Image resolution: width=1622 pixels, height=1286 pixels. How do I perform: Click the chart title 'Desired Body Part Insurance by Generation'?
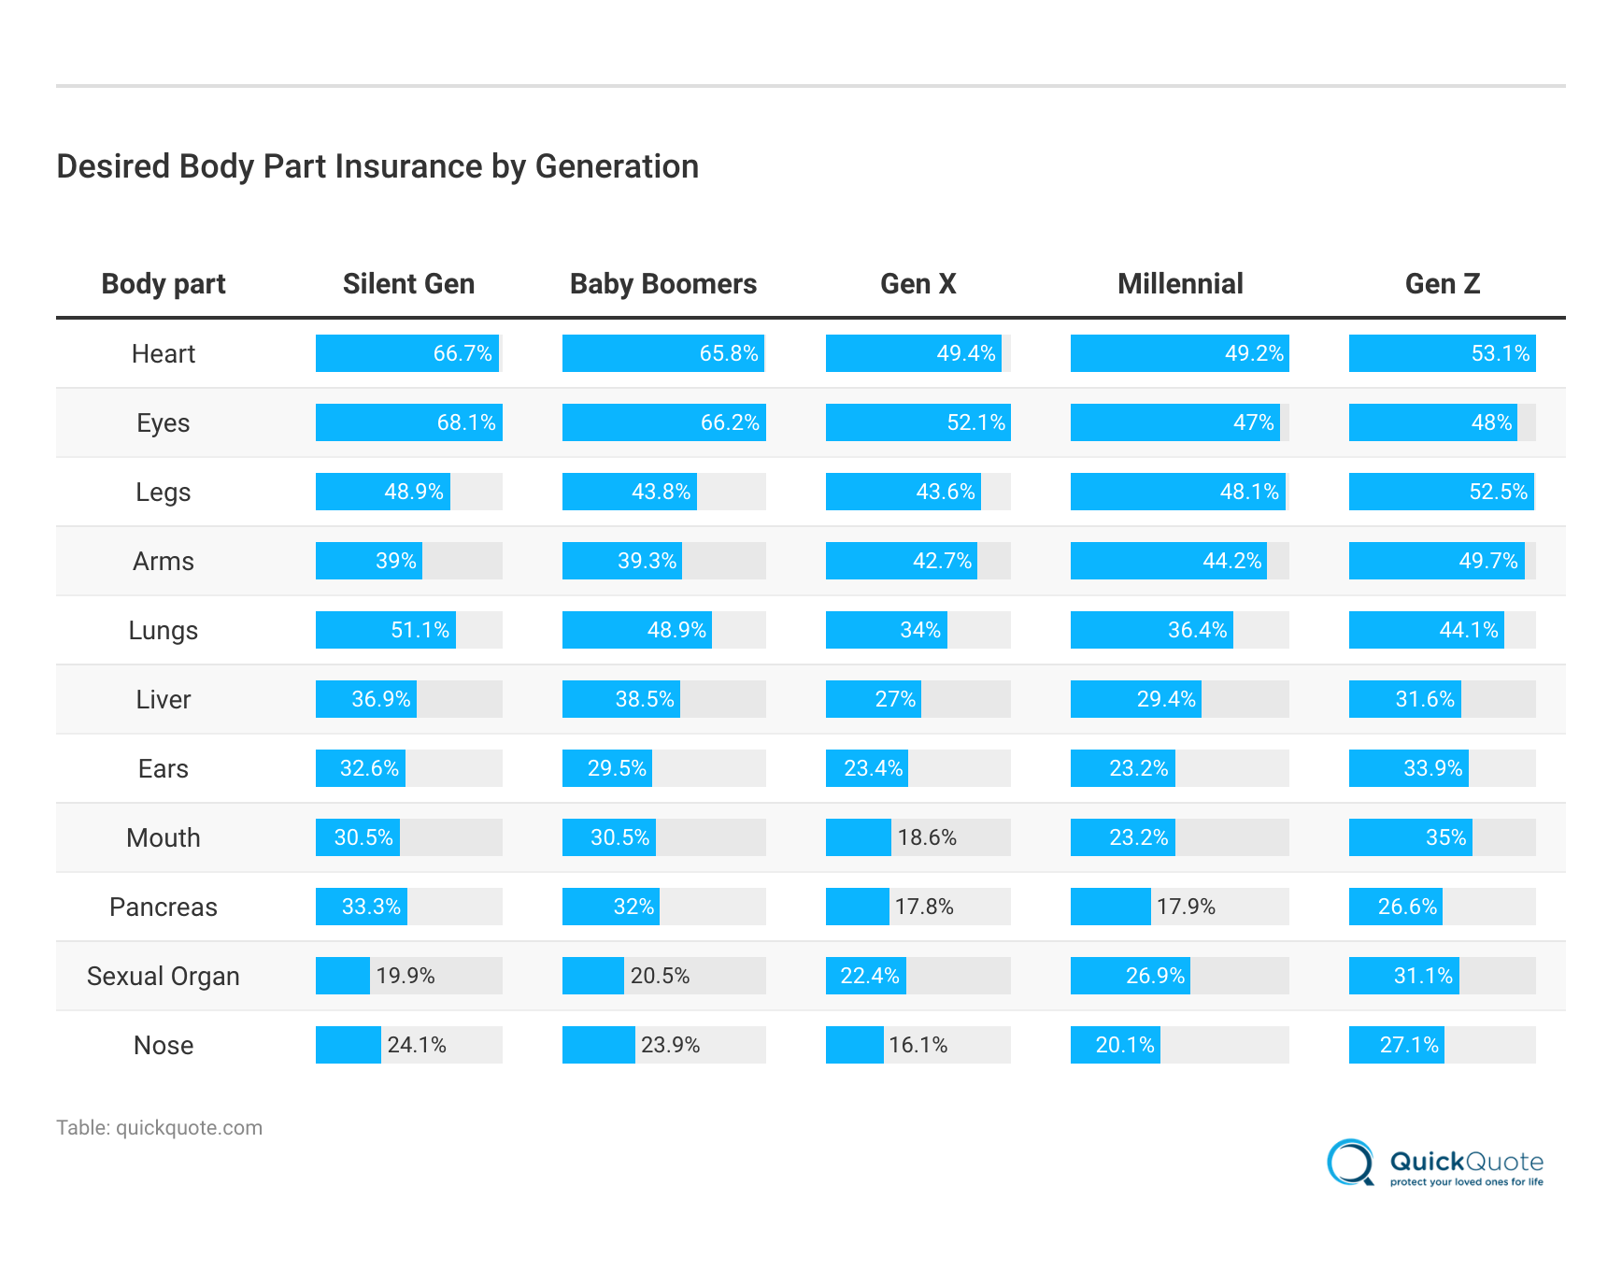tap(377, 166)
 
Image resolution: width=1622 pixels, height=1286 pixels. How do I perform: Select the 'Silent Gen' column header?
tap(408, 284)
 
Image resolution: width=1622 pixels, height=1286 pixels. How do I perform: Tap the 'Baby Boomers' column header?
tap(663, 284)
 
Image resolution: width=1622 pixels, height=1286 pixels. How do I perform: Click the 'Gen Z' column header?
tap(1442, 284)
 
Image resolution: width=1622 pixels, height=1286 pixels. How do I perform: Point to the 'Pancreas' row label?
tap(164, 907)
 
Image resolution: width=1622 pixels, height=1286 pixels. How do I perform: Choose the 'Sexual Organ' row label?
tap(164, 977)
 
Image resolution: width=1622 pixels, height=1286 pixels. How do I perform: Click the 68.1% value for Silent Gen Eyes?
tap(466, 422)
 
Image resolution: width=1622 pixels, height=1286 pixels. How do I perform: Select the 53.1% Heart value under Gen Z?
tap(1500, 353)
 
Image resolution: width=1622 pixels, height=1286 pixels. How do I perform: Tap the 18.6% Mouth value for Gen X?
tap(927, 837)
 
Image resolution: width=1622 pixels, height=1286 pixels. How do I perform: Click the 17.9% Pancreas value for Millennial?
tap(1186, 907)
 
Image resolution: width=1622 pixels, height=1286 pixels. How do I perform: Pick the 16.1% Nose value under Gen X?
tap(918, 1045)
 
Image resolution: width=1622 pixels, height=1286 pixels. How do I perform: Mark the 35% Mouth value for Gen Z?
tap(1445, 837)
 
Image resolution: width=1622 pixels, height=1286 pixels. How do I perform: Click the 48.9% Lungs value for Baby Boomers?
tap(676, 630)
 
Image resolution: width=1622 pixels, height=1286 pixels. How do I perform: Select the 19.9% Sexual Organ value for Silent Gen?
tap(405, 976)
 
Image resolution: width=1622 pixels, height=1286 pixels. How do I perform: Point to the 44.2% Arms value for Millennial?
tap(1231, 561)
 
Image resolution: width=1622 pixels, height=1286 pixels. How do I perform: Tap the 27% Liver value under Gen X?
tap(894, 699)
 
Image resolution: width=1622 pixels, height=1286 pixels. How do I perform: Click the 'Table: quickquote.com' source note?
tap(159, 1128)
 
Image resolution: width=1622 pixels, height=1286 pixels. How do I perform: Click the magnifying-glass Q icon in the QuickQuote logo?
tap(1350, 1163)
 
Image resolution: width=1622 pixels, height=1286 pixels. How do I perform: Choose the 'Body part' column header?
tap(164, 284)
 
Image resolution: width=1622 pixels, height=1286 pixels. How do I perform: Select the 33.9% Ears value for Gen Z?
tap(1432, 768)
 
